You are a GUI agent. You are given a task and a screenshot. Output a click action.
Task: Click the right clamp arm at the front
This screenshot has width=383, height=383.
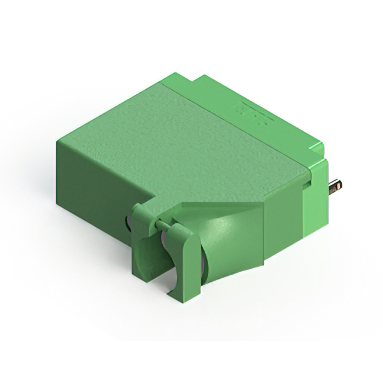(180, 257)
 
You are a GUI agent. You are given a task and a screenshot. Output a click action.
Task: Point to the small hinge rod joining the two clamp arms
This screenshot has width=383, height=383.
(160, 224)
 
